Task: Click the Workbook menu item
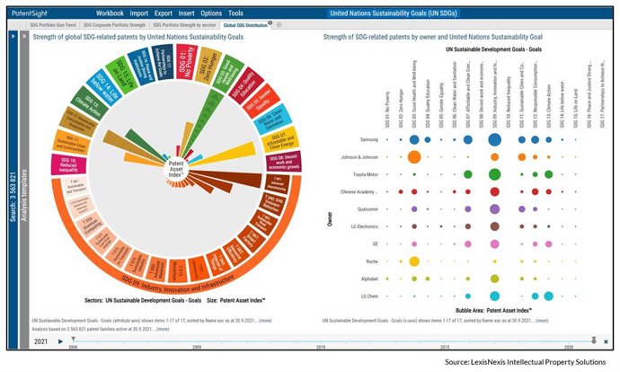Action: (111, 14)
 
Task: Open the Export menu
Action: (163, 14)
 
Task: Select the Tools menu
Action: (235, 14)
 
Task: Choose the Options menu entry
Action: (211, 14)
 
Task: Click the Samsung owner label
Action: (368, 139)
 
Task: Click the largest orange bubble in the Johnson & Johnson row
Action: (413, 156)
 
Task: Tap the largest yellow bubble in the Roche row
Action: (413, 261)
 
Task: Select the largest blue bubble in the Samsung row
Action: (494, 139)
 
